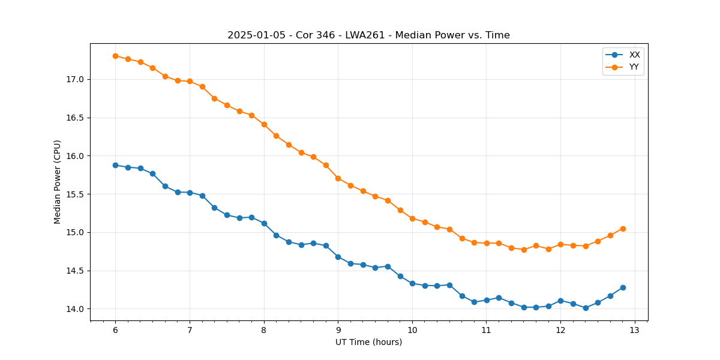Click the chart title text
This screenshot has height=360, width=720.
(368, 35)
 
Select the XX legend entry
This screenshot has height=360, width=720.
(634, 55)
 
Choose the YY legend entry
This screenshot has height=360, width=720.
(634, 67)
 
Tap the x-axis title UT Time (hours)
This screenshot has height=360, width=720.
(368, 342)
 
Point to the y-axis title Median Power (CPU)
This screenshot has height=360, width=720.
(58, 182)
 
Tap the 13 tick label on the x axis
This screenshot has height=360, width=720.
(635, 331)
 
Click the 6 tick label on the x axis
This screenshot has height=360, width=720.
(115, 331)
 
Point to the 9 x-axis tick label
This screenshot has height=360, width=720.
(338, 331)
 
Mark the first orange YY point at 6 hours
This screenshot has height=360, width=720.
(115, 56)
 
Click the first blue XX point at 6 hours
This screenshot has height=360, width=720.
(115, 165)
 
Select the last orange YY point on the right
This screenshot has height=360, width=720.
(623, 229)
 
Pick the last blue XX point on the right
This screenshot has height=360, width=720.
(623, 287)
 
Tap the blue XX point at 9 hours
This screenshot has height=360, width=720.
(338, 257)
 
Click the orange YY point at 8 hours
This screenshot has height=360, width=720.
(264, 124)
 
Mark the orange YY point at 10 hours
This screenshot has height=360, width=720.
(412, 218)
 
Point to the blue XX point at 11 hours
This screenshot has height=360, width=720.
(487, 300)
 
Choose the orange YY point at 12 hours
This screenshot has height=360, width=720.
(560, 244)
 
